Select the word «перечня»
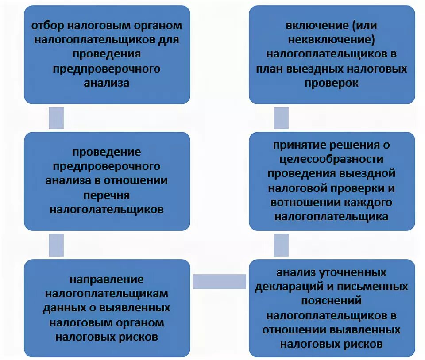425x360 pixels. [107, 195]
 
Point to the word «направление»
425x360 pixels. [107, 279]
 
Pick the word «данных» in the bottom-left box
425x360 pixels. [61, 308]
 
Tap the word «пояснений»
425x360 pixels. [332, 301]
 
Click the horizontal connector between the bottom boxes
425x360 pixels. [220, 281]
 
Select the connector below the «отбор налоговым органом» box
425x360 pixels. [56, 118]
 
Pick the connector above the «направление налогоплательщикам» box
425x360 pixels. [56, 245]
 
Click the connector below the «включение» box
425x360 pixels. [281, 118]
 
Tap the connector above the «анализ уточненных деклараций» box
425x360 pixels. [281, 245]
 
